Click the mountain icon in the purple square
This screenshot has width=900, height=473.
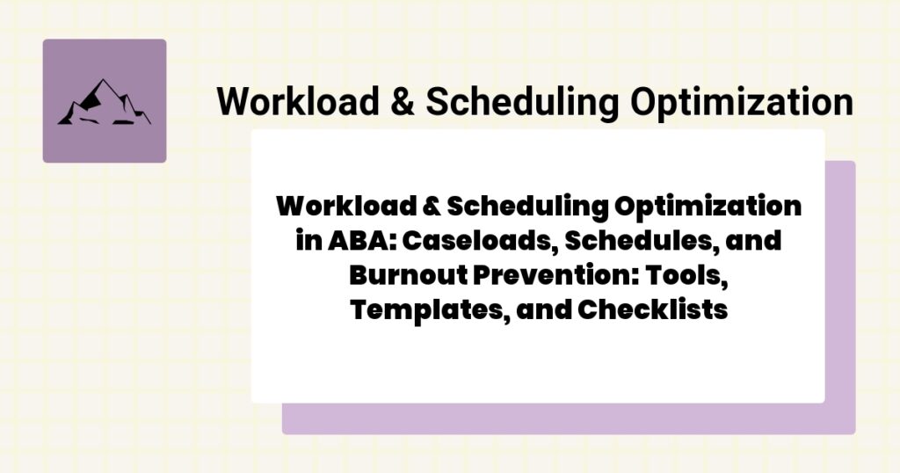coord(104,102)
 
